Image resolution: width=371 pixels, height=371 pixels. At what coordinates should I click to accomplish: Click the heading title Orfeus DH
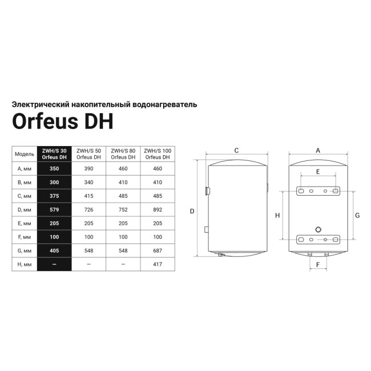coord(63,122)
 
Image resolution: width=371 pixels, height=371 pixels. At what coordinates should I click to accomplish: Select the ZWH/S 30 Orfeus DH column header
coord(54,154)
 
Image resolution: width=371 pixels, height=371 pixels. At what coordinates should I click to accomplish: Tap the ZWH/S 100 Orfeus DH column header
coord(158,154)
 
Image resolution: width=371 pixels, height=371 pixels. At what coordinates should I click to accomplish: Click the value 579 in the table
coord(54,209)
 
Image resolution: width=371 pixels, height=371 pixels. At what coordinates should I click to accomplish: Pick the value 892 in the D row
coord(158,209)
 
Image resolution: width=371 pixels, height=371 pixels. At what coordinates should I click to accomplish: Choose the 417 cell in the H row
coord(158,264)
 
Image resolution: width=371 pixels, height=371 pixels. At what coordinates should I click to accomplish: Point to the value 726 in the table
coord(88,209)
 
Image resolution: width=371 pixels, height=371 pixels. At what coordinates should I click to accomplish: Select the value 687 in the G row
coord(158,251)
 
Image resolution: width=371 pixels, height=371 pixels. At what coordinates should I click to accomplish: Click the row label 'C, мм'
coord(25,196)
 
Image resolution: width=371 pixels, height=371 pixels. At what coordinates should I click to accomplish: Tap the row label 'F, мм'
coord(25,237)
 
